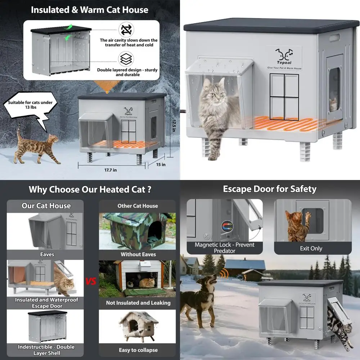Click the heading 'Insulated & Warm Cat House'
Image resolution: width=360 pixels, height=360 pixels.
90,10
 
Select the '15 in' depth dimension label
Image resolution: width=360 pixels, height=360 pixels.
161,165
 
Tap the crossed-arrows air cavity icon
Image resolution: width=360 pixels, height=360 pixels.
126,29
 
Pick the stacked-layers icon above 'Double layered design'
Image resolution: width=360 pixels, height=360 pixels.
126,59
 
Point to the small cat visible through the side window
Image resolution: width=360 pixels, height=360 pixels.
333,104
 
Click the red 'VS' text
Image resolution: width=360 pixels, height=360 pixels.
91,281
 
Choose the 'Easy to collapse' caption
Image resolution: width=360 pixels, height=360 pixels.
138,350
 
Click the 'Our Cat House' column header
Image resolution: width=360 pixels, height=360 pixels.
46,206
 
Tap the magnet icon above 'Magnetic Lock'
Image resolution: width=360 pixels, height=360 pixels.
228,226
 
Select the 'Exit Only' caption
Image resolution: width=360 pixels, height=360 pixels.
311,248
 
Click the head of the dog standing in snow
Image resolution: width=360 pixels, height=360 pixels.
211,281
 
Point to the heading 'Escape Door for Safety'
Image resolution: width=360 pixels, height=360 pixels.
269,189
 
